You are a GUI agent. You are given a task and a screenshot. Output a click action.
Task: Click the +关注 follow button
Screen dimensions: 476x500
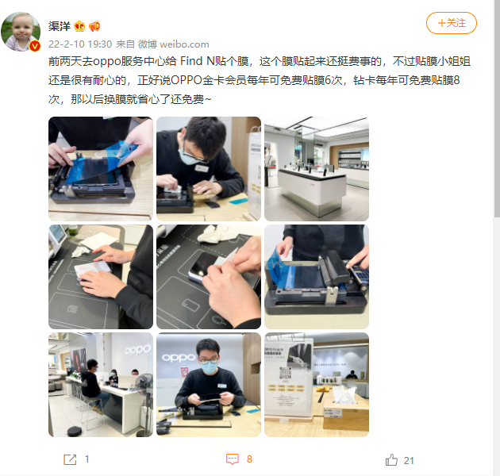(451, 22)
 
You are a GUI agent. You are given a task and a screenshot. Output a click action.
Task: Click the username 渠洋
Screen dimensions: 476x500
(61, 25)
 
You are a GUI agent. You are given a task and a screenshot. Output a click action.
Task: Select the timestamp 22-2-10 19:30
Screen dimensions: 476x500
(79, 44)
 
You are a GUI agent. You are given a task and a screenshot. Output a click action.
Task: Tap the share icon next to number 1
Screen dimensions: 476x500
(70, 459)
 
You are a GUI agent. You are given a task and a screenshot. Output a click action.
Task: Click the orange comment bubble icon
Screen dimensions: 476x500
(232, 459)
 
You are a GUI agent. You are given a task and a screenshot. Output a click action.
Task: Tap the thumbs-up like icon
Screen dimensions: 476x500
(390, 459)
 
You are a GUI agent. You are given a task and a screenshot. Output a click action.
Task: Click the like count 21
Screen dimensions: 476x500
(409, 459)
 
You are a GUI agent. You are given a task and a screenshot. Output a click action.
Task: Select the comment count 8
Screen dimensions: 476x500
(249, 459)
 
